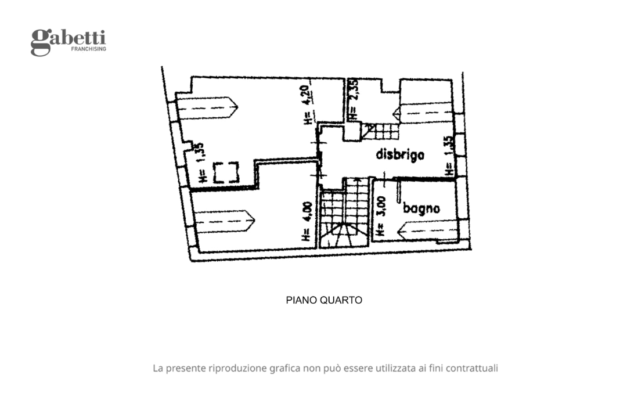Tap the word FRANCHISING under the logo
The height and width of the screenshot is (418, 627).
[x=88, y=49]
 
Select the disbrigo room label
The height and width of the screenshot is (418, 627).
[x=400, y=154]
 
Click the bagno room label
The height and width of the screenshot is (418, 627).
[x=421, y=208]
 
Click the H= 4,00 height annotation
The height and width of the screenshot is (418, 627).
[x=306, y=221]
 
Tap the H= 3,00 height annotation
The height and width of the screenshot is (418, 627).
[x=381, y=215]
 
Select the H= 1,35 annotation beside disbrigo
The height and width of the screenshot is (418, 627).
[x=448, y=156]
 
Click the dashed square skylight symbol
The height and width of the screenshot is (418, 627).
[x=225, y=172]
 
